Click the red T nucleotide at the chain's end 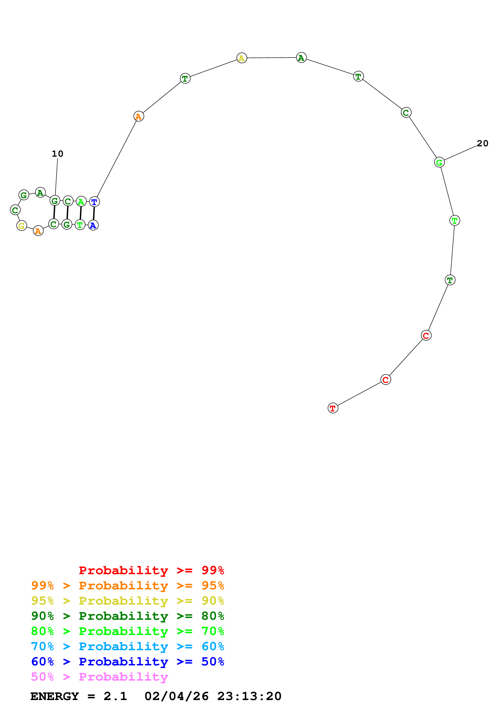pos(333,408)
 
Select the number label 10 pos(57,154)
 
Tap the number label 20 pos(482,143)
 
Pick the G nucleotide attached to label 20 pos(439,162)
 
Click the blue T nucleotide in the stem pos(94,202)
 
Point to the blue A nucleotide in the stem pos(93,225)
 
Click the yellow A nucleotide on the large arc pos(242,58)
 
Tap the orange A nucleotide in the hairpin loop pos(38,231)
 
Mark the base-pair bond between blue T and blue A pos(94,214)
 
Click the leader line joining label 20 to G pos(460,153)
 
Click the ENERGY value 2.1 pos(115,696)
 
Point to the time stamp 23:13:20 pos(249,696)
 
